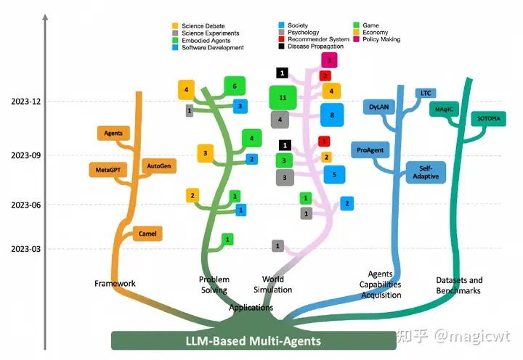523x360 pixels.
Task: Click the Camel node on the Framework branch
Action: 148,234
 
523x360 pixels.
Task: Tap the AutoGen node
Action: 159,166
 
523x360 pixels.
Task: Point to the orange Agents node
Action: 113,134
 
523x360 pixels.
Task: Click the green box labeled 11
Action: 283,97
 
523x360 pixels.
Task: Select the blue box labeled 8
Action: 332,115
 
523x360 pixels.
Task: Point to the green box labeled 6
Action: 235,86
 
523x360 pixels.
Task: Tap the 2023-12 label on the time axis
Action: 24,102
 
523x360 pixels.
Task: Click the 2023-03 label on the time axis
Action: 24,249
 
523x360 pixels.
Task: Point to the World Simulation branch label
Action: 272,285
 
